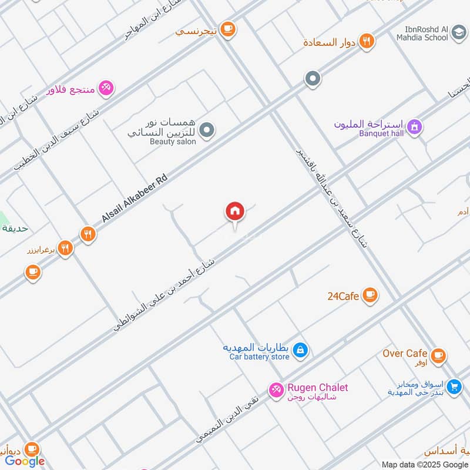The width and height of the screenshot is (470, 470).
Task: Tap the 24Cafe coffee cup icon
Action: pyautogui.click(x=370, y=295)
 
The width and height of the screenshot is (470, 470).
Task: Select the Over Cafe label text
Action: pyautogui.click(x=405, y=353)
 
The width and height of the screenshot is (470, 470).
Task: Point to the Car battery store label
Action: pyautogui.click(x=259, y=357)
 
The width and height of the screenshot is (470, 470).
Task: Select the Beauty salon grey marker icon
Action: pyautogui.click(x=206, y=130)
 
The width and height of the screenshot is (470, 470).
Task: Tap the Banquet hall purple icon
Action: pyautogui.click(x=415, y=126)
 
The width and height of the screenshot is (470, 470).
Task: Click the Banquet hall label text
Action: pyautogui.click(x=382, y=133)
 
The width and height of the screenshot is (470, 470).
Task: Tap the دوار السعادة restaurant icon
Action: pyautogui.click(x=367, y=41)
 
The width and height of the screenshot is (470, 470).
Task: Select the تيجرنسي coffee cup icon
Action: pyautogui.click(x=228, y=28)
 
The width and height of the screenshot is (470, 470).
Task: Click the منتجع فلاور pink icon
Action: pyautogui.click(x=106, y=88)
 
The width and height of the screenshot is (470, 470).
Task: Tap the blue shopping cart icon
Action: pyautogui.click(x=454, y=387)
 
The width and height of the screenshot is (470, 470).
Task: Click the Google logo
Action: pyautogui.click(x=25, y=461)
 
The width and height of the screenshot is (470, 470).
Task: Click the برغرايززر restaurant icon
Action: pyautogui.click(x=65, y=249)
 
